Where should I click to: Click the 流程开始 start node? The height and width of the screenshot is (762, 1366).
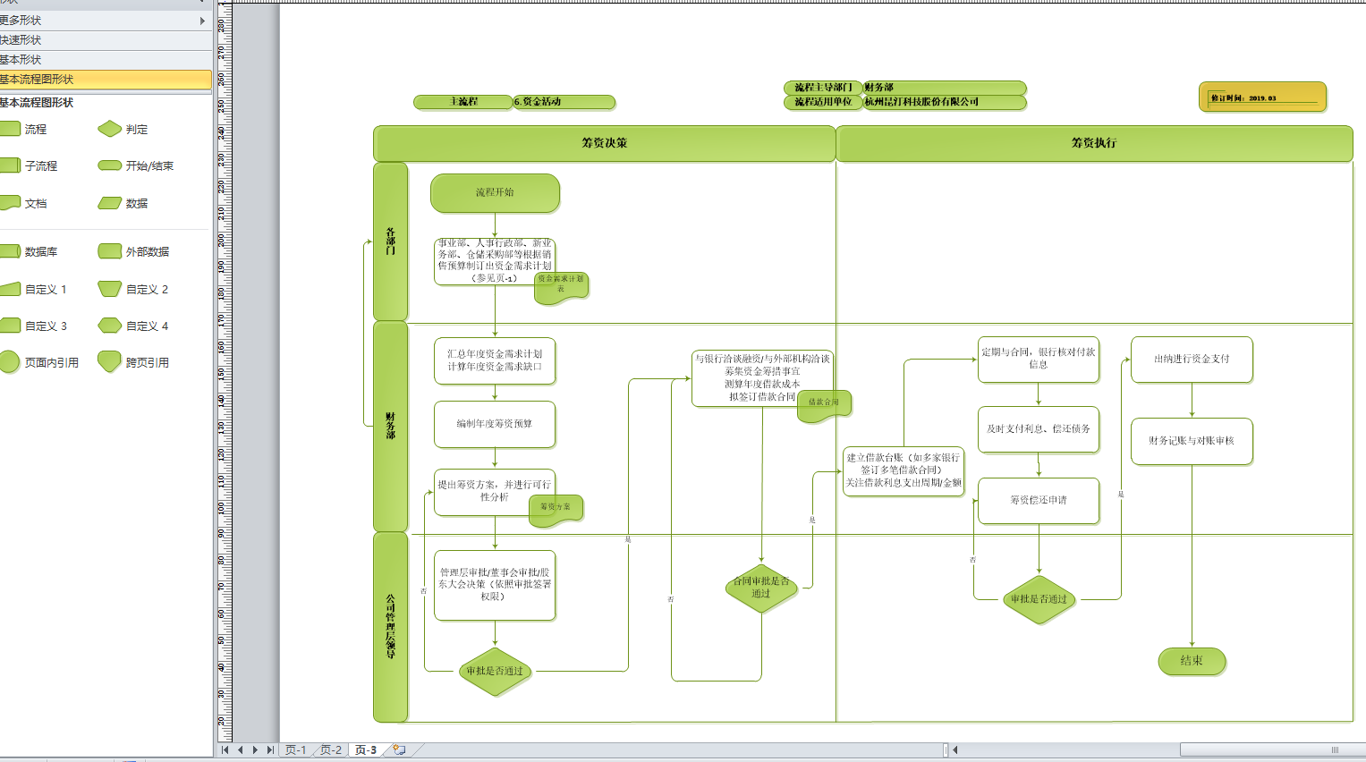(x=495, y=193)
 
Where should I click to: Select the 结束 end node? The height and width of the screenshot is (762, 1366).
(x=1192, y=661)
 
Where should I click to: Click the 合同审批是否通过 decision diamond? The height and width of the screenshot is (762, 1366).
(x=761, y=588)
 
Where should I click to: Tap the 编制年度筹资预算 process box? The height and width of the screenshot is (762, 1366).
(x=495, y=424)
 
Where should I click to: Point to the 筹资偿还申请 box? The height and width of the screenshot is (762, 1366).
(x=1039, y=501)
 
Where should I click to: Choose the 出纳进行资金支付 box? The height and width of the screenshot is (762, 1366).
(x=1192, y=360)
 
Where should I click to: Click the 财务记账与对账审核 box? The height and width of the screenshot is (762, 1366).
(x=1192, y=441)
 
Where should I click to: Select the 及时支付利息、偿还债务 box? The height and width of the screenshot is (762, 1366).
(x=1039, y=429)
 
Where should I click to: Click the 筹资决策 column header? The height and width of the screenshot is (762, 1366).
(x=605, y=143)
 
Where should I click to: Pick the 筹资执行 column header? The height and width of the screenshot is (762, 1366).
(x=1094, y=143)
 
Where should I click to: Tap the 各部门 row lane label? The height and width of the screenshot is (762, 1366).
(x=390, y=241)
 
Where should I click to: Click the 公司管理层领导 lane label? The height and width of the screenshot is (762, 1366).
(x=390, y=626)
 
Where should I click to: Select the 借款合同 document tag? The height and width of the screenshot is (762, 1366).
(x=824, y=403)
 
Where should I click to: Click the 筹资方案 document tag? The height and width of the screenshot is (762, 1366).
(x=556, y=508)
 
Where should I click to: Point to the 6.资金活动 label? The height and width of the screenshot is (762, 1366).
(x=564, y=102)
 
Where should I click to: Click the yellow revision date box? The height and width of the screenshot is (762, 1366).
(x=1261, y=97)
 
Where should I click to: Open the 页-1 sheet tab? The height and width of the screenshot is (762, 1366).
(x=295, y=750)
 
